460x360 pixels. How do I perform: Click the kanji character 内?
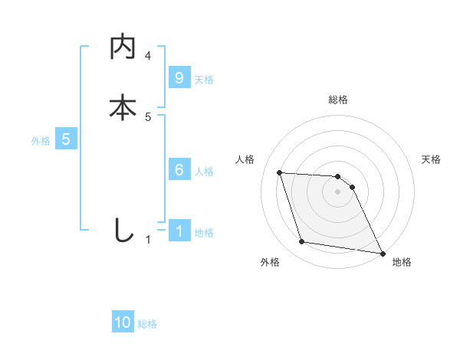click(x=123, y=47)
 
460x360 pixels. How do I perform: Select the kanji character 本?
click(x=123, y=107)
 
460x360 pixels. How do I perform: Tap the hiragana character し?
click(x=123, y=230)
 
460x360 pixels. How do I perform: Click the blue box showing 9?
click(x=179, y=77)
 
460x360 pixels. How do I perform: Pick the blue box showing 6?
click(x=179, y=170)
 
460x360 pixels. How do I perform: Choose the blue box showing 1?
click(x=179, y=231)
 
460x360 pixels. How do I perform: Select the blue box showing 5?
click(x=66, y=139)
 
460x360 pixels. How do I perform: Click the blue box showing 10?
click(x=123, y=322)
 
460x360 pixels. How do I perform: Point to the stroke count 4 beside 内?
click(x=148, y=56)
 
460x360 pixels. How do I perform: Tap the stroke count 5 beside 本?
click(x=148, y=117)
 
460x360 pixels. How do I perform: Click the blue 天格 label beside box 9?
click(x=204, y=79)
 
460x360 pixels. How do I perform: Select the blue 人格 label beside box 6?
click(x=204, y=172)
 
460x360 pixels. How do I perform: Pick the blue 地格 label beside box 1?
click(x=204, y=233)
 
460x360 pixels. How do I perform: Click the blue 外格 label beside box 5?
click(x=41, y=141)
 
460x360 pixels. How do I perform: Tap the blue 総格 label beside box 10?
click(x=147, y=324)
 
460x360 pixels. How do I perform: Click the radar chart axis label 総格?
click(x=338, y=100)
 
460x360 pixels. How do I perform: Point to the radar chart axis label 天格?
click(x=432, y=159)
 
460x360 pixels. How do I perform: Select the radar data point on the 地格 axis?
click(x=382, y=252)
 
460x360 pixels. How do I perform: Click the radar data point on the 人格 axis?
click(x=280, y=173)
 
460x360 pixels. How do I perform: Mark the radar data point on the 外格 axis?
click(x=302, y=242)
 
